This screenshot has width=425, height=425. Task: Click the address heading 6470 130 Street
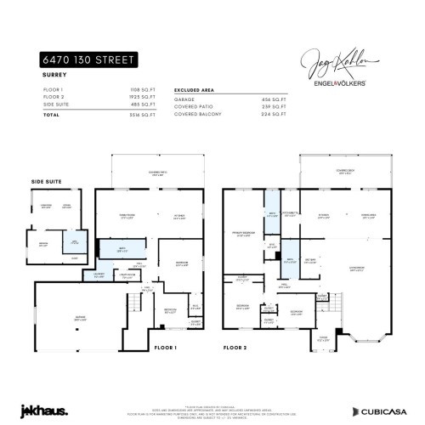88,61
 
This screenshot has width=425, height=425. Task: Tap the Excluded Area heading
193,88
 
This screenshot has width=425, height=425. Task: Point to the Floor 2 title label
237,348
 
